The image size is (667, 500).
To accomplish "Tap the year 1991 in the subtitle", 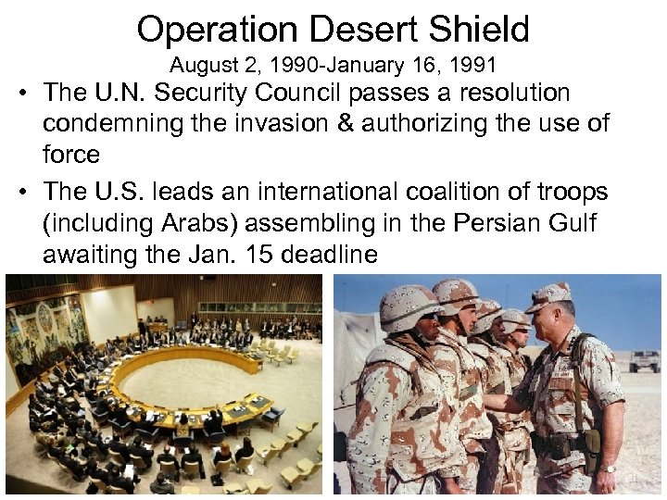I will pos(472,66).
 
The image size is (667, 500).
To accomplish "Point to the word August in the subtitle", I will pos(198,66).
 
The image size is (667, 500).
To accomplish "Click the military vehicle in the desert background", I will pos(645,360).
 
